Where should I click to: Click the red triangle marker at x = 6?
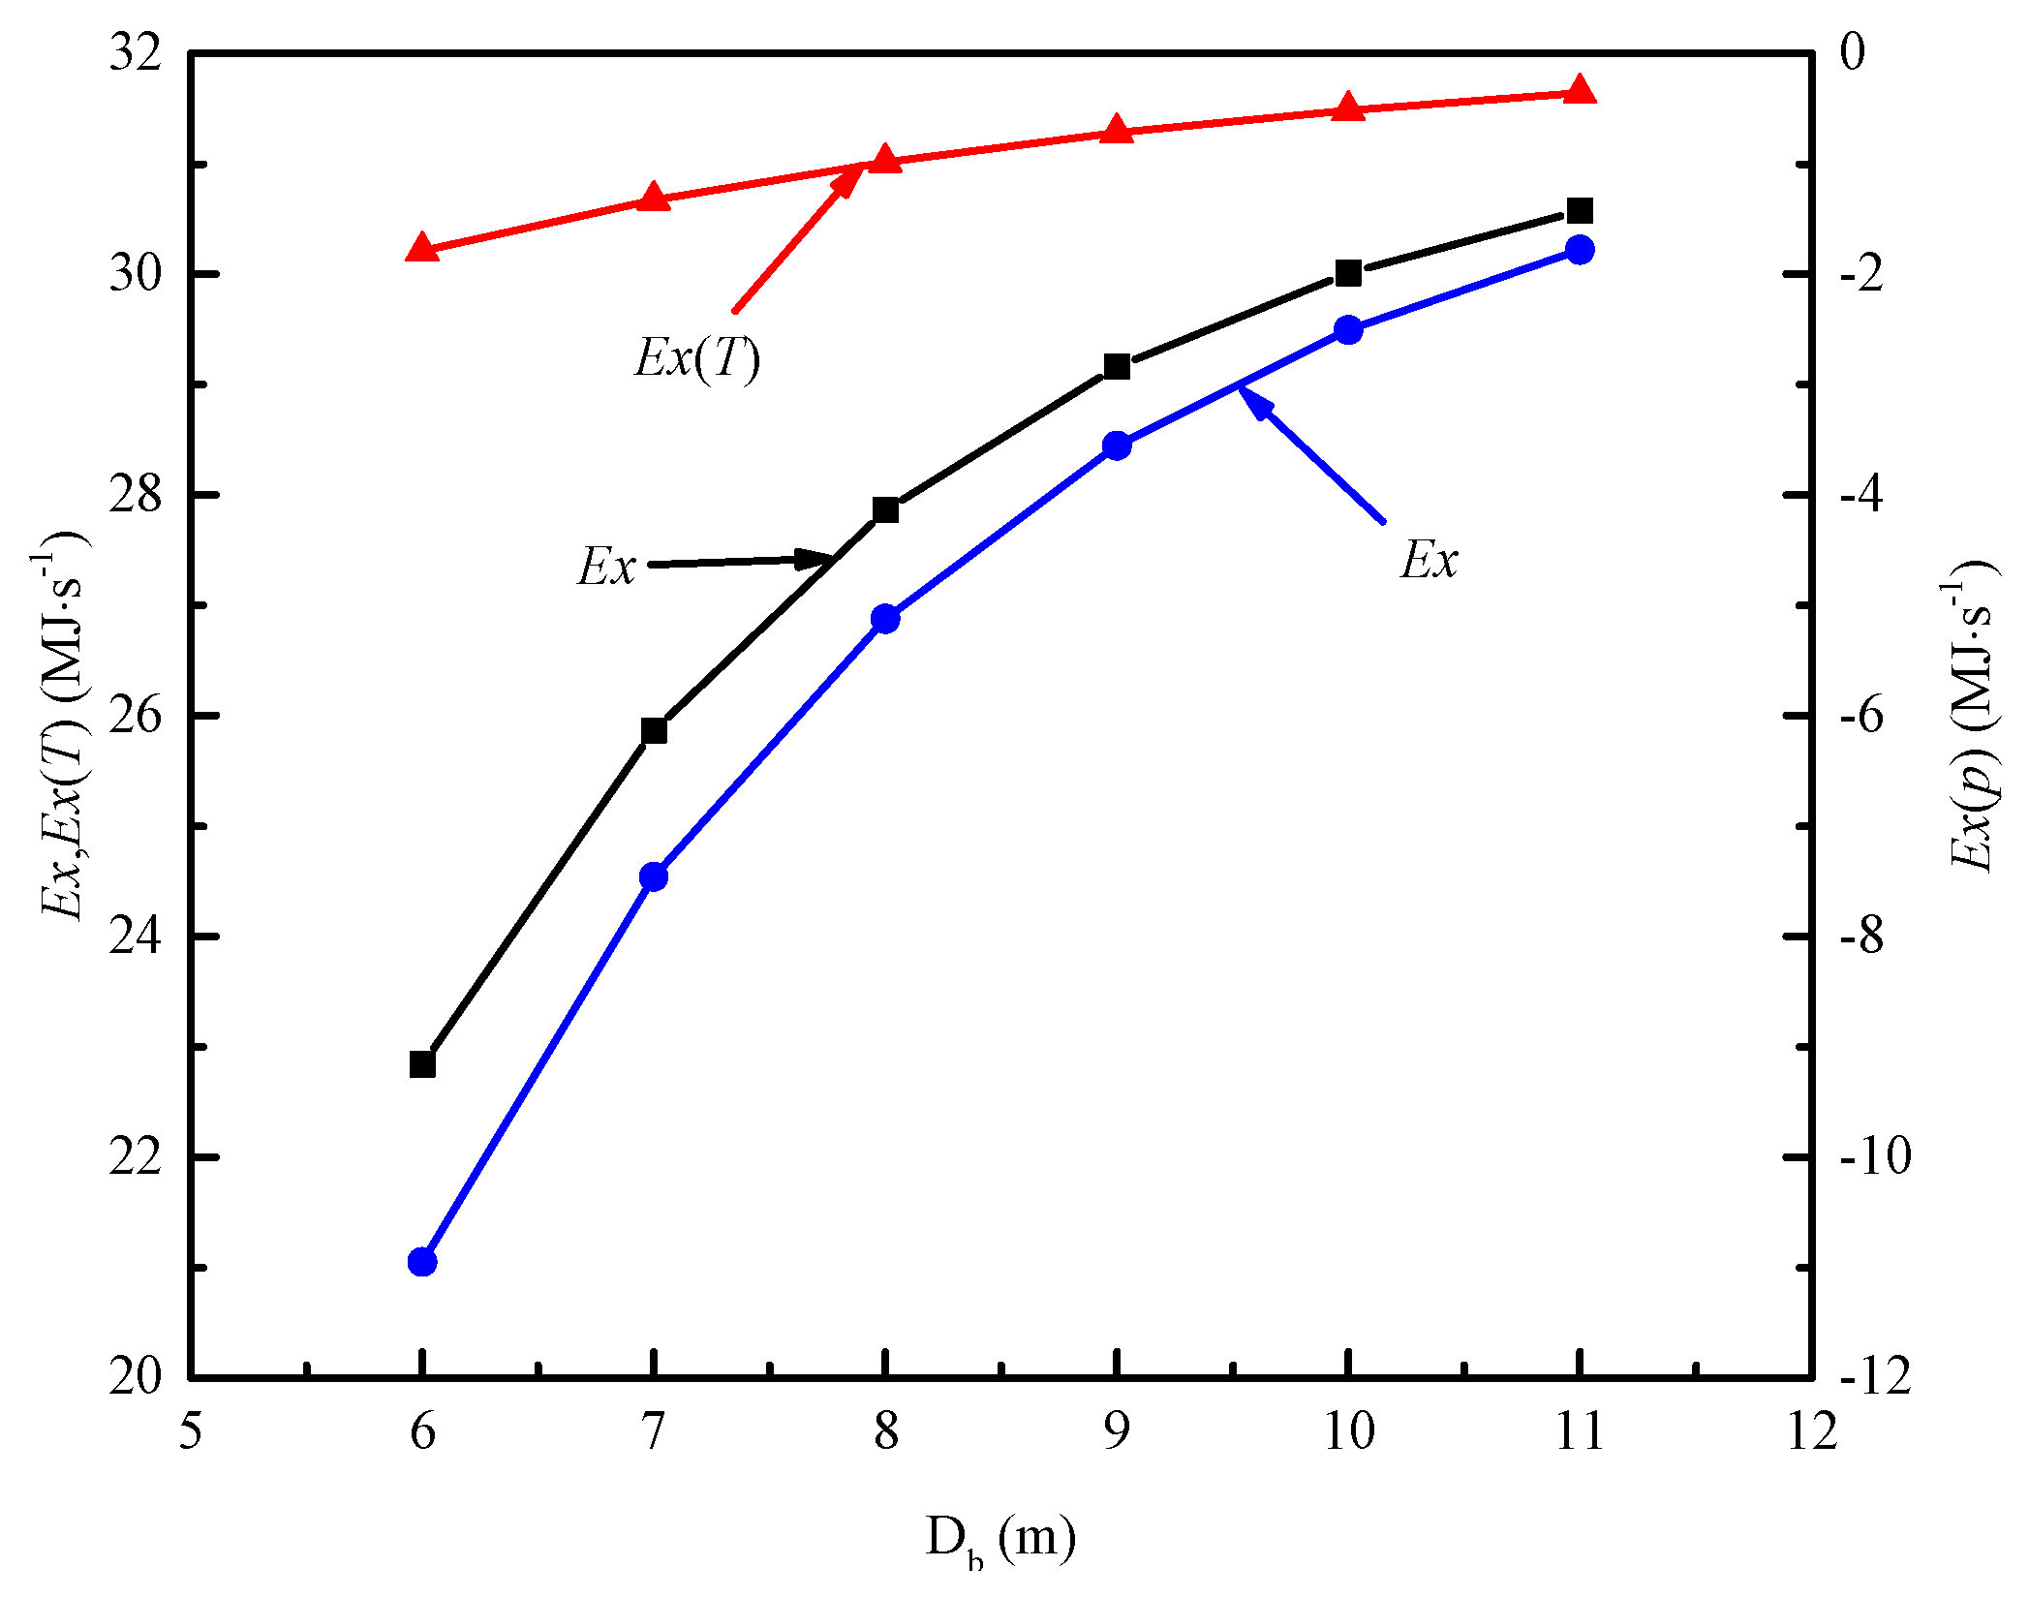(422, 248)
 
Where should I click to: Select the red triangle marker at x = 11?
(1580, 90)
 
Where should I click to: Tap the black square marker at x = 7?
(654, 731)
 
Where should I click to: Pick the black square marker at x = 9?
(1117, 366)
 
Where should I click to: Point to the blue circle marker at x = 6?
(422, 1262)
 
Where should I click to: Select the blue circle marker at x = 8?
(885, 619)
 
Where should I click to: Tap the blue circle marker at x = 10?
(1348, 329)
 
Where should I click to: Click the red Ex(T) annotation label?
(697, 358)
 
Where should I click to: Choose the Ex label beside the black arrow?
(607, 567)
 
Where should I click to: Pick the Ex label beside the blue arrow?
(1429, 560)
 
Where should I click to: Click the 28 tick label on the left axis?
(135, 495)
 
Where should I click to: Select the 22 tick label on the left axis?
(135, 1157)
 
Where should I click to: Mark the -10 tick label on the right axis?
(1875, 1157)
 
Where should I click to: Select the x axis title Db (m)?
(1000, 1538)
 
